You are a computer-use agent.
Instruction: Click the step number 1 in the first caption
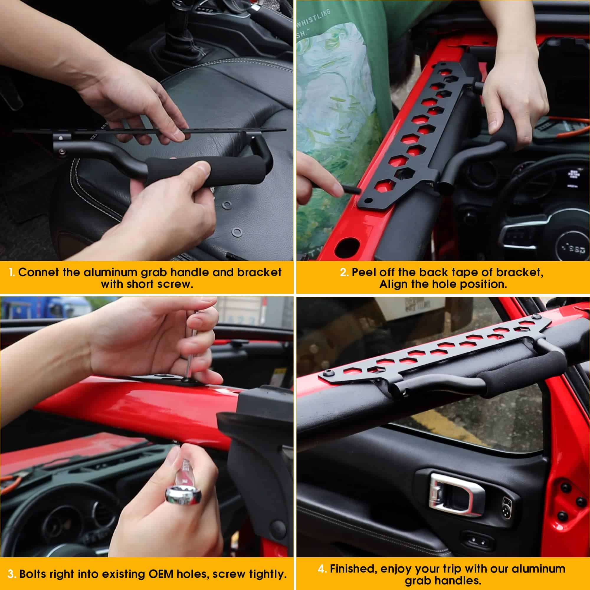tap(12, 272)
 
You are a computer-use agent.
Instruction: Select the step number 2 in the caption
tap(344, 272)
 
